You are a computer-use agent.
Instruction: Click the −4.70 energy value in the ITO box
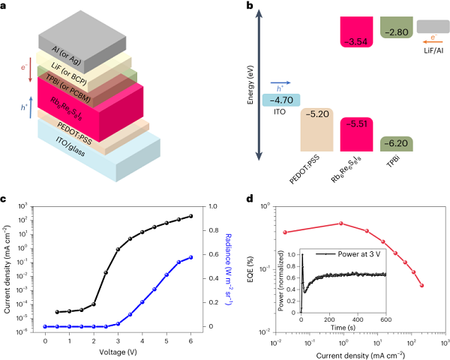click(281, 98)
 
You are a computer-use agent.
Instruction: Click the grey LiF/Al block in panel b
click(427, 26)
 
